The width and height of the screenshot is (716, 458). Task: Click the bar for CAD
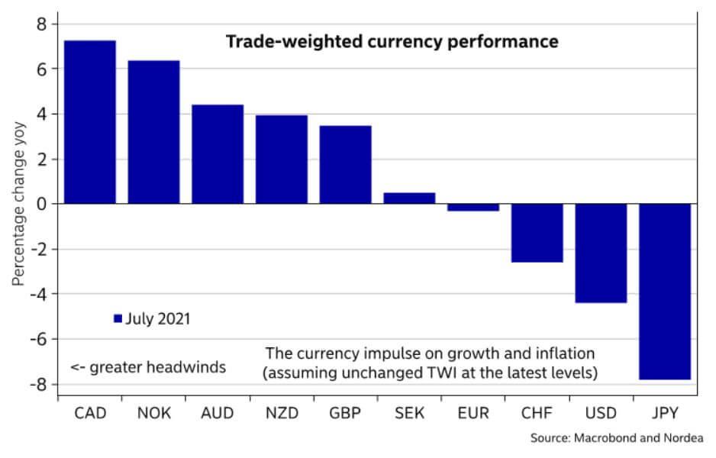pyautogui.click(x=89, y=122)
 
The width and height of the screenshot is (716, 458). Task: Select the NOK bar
pyautogui.click(x=153, y=132)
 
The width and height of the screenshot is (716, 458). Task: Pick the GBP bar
pyautogui.click(x=345, y=165)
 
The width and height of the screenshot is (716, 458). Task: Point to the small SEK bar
pyautogui.click(x=409, y=198)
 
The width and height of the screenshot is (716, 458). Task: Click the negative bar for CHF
pyautogui.click(x=537, y=233)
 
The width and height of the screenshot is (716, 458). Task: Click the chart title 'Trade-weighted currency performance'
pyautogui.click(x=392, y=41)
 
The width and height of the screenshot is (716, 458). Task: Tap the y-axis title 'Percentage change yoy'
pyautogui.click(x=18, y=204)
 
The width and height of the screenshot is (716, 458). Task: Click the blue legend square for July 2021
pyautogui.click(x=117, y=319)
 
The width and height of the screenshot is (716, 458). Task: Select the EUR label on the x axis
pyautogui.click(x=473, y=413)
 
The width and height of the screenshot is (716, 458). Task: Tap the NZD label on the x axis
pyautogui.click(x=282, y=413)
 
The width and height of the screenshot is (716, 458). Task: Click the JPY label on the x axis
pyautogui.click(x=665, y=413)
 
